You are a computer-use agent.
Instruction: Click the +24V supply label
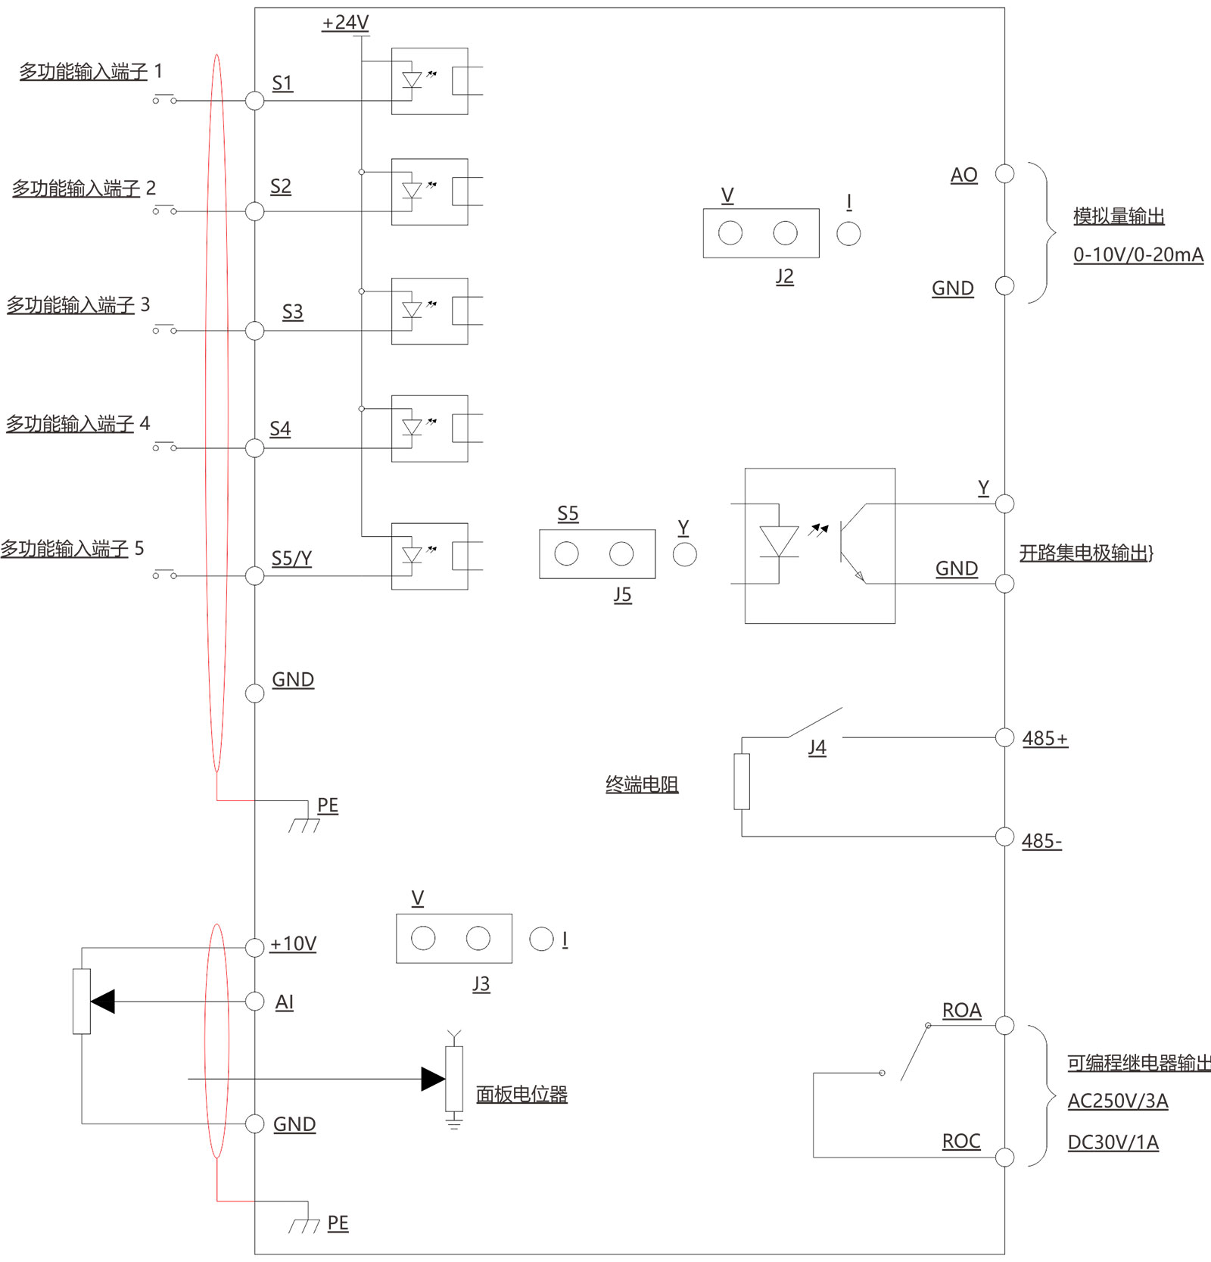[x=345, y=23]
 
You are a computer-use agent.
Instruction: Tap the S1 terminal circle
[x=255, y=101]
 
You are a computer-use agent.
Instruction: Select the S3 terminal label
[x=292, y=312]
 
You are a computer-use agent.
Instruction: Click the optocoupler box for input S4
[x=429, y=428]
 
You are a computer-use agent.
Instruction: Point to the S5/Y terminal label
[x=291, y=559]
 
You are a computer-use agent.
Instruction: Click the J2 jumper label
[x=784, y=276]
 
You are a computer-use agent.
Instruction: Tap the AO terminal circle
[x=1004, y=174]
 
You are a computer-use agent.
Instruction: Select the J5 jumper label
[x=622, y=595]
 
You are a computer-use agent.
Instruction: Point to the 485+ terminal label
[x=1044, y=739]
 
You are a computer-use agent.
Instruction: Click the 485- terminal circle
[x=1004, y=837]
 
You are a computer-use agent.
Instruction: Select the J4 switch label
[x=817, y=748]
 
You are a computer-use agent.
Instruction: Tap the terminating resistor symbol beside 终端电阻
[x=742, y=781]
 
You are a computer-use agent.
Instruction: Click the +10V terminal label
[x=293, y=944]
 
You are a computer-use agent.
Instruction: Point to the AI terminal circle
[x=255, y=1002]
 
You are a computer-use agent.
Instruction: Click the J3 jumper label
[x=481, y=984]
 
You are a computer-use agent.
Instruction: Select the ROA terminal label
[x=961, y=1011]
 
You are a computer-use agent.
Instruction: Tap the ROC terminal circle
[x=1004, y=1157]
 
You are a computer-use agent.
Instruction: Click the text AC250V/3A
[x=1117, y=1102]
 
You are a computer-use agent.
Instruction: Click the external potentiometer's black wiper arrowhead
[x=104, y=1002]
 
